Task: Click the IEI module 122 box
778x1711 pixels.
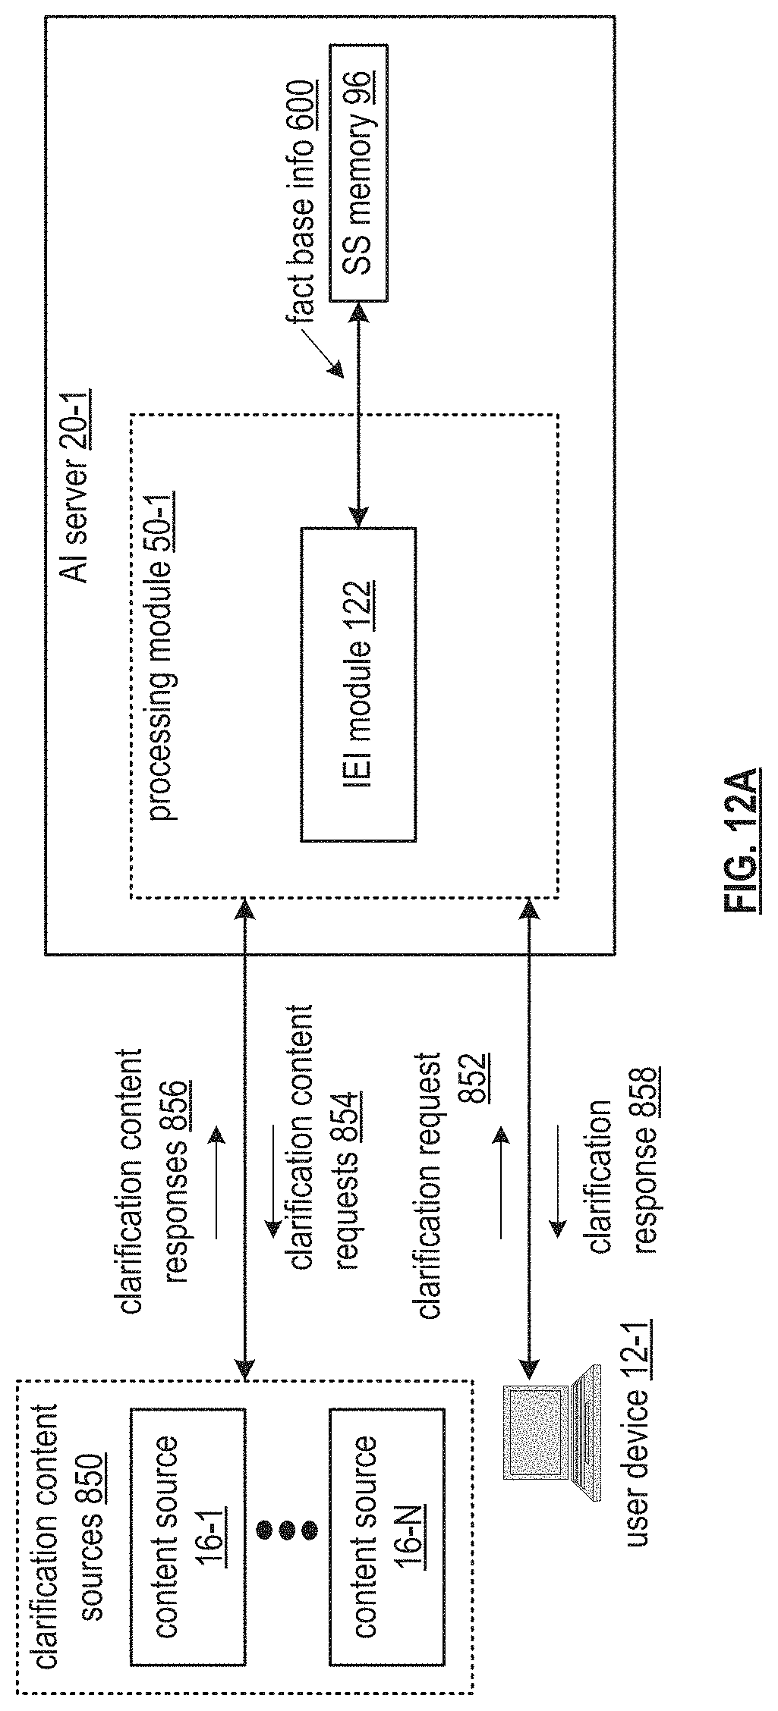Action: pos(358,683)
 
